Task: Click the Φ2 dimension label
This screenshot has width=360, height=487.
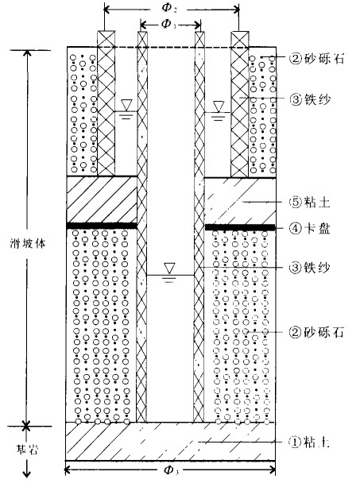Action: [x=169, y=8]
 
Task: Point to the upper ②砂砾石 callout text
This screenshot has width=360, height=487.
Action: [x=316, y=58]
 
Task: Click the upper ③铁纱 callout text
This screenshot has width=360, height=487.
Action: [x=310, y=99]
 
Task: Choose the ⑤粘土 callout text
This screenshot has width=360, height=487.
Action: [x=310, y=203]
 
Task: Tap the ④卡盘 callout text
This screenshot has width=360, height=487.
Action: [x=310, y=228]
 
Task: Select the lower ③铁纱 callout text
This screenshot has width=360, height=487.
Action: [x=310, y=268]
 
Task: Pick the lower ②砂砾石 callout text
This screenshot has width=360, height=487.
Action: [x=316, y=332]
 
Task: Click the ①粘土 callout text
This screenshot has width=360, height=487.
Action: [x=309, y=442]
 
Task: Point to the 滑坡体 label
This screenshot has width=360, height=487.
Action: [x=28, y=243]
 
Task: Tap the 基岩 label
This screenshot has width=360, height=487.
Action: [x=27, y=450]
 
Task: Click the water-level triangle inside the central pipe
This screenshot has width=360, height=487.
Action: [x=169, y=268]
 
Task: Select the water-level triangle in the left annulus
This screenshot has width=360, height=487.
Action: [x=126, y=105]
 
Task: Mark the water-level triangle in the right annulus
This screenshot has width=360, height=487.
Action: [x=219, y=106]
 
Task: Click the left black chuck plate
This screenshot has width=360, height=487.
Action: [x=102, y=226]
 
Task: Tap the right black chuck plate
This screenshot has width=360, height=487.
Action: [x=240, y=228]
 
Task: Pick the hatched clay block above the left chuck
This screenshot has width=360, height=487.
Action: [x=102, y=199]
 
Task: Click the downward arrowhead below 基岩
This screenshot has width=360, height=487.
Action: [x=27, y=473]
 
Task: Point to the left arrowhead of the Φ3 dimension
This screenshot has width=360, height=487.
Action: [x=69, y=470]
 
